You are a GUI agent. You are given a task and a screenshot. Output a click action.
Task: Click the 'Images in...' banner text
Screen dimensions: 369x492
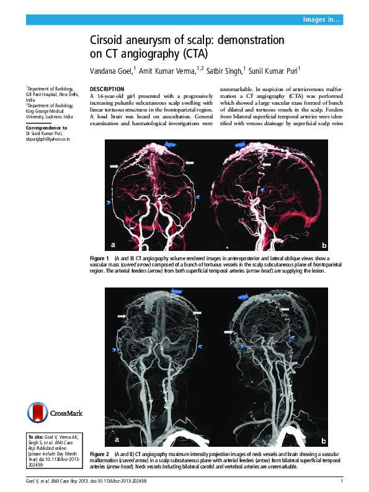click(321, 20)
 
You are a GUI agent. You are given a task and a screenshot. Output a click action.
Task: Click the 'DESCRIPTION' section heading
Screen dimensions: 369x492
click(107, 89)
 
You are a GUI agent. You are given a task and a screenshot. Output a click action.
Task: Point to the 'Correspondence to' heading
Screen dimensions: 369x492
click(47, 127)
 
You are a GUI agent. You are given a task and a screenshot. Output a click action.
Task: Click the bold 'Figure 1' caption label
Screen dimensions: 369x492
click(99, 258)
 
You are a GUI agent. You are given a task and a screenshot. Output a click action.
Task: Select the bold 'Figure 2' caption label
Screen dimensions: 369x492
click(99, 455)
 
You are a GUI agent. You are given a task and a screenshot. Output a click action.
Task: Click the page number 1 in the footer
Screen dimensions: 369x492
click(342, 482)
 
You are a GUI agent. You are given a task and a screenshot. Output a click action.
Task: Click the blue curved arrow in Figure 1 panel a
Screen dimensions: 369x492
click(170, 145)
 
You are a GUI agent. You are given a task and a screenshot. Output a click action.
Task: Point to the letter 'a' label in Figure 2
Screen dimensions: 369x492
click(116, 439)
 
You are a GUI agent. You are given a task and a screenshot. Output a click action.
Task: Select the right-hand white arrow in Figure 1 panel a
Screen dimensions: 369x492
click(190, 162)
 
